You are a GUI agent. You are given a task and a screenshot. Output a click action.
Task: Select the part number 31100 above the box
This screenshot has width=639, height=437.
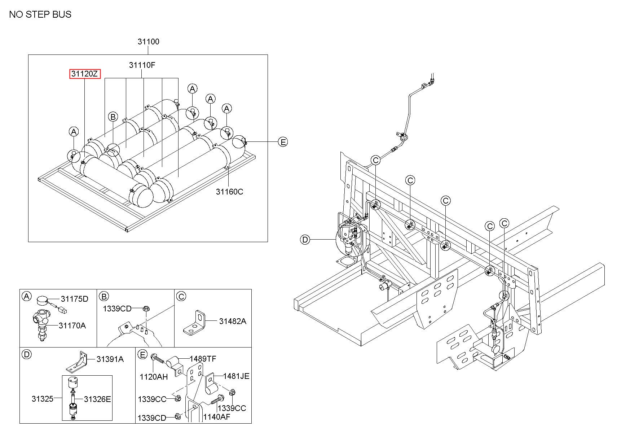pyautogui.click(x=148, y=42)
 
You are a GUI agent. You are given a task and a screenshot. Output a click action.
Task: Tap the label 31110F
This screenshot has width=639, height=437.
pyautogui.click(x=142, y=65)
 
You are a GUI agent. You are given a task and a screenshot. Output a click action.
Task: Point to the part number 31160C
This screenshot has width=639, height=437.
pyautogui.click(x=229, y=192)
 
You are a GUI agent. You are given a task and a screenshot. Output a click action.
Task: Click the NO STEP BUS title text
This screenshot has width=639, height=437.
pyautogui.click(x=40, y=14)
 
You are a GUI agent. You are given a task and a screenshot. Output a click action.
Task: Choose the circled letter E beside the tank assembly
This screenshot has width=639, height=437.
pyautogui.click(x=283, y=142)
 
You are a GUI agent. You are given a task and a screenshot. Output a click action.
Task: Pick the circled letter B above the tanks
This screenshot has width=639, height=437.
pyautogui.click(x=113, y=117)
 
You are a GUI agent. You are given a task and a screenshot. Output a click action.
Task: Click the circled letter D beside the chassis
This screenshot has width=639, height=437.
pyautogui.click(x=305, y=239)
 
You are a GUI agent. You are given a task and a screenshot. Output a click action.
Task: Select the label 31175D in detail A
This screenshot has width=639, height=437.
pyautogui.click(x=74, y=299)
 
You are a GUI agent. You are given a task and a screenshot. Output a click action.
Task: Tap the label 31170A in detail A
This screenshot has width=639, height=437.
pyautogui.click(x=72, y=325)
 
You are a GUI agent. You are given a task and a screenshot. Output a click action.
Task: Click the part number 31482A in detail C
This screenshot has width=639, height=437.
pyautogui.click(x=233, y=321)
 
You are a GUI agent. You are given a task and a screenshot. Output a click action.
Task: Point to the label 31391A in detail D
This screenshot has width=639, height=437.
pyautogui.click(x=110, y=359)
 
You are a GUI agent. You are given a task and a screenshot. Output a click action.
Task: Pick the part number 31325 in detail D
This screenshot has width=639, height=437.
pyautogui.click(x=42, y=399)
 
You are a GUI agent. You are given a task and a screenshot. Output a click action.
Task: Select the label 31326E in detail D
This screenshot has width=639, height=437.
pyautogui.click(x=97, y=399)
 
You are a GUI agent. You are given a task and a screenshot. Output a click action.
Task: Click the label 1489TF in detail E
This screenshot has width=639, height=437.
pyautogui.click(x=203, y=359)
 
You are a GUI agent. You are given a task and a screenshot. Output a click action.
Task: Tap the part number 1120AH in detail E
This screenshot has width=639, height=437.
pyautogui.click(x=154, y=377)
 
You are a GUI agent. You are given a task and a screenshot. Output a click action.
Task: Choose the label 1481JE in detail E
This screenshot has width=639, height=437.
pyautogui.click(x=236, y=376)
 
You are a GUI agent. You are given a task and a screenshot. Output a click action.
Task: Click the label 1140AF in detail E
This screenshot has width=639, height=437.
pyautogui.click(x=216, y=417)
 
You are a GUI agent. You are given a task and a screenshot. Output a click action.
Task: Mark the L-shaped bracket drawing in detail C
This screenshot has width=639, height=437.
pyautogui.click(x=196, y=322)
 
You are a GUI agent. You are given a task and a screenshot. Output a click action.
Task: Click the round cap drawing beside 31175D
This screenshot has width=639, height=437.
pyautogui.click(x=43, y=300)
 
